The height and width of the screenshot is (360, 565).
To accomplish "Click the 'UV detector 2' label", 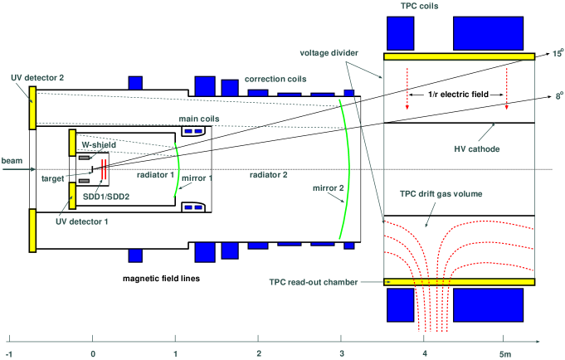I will [x=37, y=77].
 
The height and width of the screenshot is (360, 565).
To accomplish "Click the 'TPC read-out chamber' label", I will [x=314, y=282].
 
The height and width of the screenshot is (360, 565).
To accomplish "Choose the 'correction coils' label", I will [x=275, y=80].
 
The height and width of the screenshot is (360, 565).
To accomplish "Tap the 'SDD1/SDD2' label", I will [x=112, y=197].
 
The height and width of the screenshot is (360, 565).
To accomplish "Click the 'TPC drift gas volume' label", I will [x=441, y=194].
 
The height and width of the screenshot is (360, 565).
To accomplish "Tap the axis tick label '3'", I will [x=341, y=352].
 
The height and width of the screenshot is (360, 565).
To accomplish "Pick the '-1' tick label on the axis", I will [x=8, y=352].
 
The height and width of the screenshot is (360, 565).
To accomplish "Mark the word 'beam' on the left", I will [x=12, y=160].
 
